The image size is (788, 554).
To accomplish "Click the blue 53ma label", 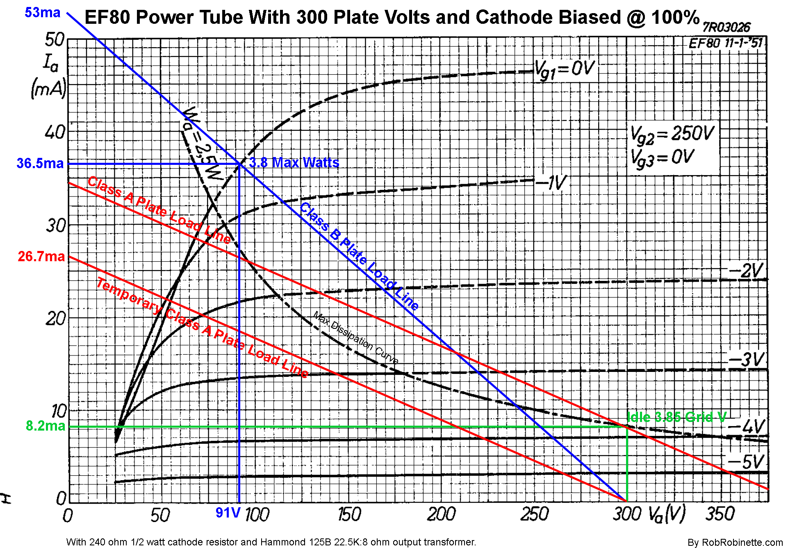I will point(42,13).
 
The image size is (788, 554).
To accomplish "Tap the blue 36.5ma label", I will point(40,163).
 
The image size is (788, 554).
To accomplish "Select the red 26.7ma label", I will point(41,256).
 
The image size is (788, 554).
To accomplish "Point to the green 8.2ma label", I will point(45,426).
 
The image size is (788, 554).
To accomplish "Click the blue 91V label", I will point(228,513).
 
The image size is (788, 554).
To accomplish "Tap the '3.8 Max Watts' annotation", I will point(294,163).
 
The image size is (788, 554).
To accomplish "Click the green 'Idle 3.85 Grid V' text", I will point(676,417).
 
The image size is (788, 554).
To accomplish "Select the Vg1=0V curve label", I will point(565,70).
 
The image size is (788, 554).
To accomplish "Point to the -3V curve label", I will point(746,360).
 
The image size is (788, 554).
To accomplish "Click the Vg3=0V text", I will point(662,158).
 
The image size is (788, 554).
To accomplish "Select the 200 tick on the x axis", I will point(441,514).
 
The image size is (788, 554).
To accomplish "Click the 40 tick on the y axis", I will point(55,132).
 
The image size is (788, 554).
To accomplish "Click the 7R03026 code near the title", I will point(726,27).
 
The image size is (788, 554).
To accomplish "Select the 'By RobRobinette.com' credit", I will point(735,543).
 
